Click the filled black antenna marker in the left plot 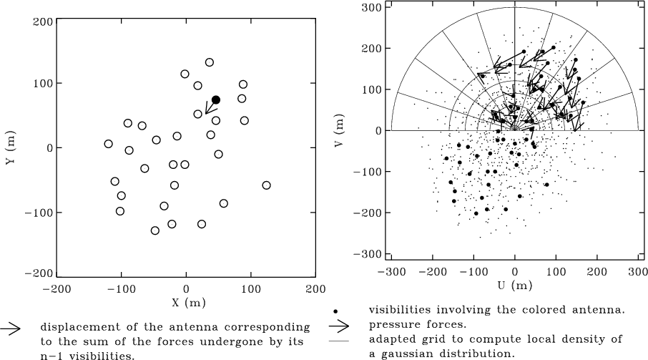[216, 100]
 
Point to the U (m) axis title [514, 286]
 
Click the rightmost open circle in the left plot [266, 185]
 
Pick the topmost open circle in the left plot [210, 62]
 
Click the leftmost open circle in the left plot [108, 144]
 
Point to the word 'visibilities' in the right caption [401, 311]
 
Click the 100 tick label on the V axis [373, 89]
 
